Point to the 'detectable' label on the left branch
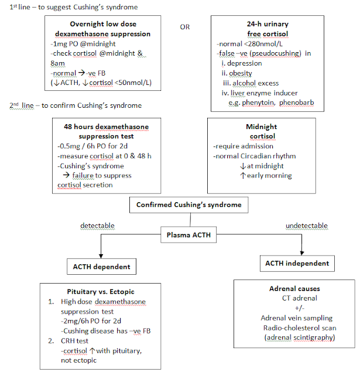click(x=97, y=226)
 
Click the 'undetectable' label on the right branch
click(x=306, y=226)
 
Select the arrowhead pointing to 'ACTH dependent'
click(x=102, y=254)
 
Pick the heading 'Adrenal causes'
click(x=294, y=289)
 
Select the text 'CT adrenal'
click(x=294, y=298)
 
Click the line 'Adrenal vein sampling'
click(x=294, y=318)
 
